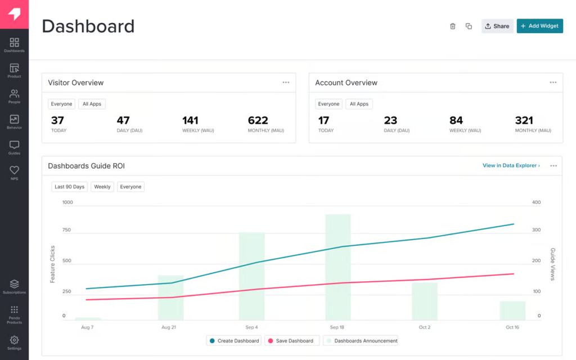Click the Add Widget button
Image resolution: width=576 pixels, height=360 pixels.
[x=539, y=26]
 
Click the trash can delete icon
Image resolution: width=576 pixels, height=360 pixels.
[x=453, y=26]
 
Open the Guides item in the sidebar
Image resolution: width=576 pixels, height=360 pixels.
[x=14, y=148]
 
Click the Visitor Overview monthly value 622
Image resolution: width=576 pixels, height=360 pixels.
[x=258, y=120]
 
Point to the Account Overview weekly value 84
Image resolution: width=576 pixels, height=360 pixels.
[x=456, y=120]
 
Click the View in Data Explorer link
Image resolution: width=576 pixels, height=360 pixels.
[x=511, y=166]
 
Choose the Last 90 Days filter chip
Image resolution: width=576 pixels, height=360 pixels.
[x=69, y=187]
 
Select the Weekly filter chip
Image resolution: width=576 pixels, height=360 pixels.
[x=102, y=187]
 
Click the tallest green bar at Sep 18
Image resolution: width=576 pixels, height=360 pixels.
[x=337, y=267]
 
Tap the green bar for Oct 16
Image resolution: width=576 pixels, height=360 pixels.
[x=512, y=311]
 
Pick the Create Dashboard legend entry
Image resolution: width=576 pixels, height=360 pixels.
[x=234, y=341]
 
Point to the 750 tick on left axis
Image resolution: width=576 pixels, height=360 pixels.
[x=67, y=230]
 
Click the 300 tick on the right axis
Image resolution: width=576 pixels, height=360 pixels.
[x=536, y=230]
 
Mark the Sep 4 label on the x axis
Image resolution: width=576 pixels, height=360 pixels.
[x=251, y=327]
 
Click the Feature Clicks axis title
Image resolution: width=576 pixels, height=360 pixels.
[x=52, y=264]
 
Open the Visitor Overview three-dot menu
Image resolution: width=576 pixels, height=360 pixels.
[x=286, y=83]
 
